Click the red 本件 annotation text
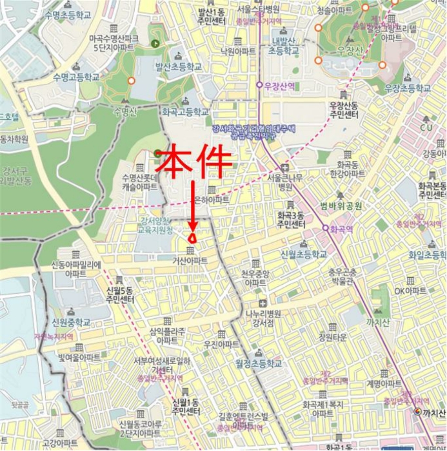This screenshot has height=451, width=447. coord(194,163)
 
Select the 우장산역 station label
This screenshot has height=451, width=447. coord(279,85)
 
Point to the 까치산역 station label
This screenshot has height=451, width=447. coord(432,412)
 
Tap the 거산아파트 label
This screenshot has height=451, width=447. coord(190,260)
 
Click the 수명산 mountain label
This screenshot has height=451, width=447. coord(125,111)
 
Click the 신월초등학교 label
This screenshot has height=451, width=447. coord(304,254)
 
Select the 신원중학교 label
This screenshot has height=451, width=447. coord(71,322)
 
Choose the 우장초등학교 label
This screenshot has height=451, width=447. coord(407,88)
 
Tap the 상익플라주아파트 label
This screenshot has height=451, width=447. coord(166,335)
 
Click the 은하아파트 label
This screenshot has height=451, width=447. coord(212,200)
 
